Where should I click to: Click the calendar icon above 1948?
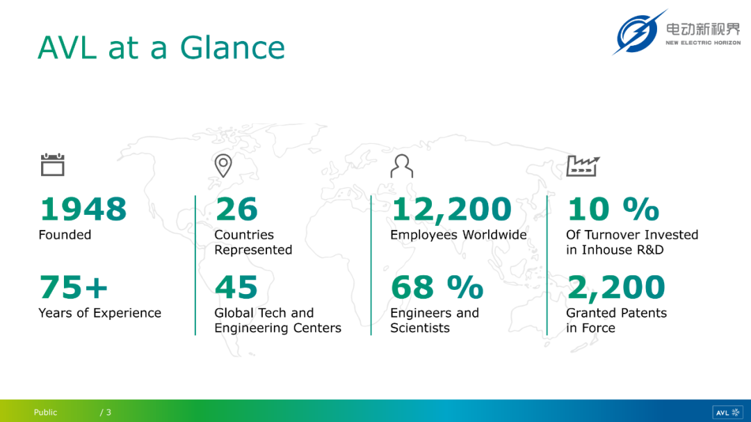pyautogui.click(x=53, y=165)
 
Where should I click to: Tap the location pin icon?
pyautogui.click(x=223, y=165)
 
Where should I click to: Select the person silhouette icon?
pyautogui.click(x=401, y=165)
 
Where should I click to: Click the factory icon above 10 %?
pyautogui.click(x=583, y=165)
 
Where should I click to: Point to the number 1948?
pyautogui.click(x=83, y=209)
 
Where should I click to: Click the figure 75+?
pyautogui.click(x=73, y=287)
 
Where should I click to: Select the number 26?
pyautogui.click(x=236, y=209)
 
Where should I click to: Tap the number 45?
pyautogui.click(x=236, y=287)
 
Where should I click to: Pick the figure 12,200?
pyautogui.click(x=451, y=210)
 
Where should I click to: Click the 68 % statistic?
pyautogui.click(x=437, y=287)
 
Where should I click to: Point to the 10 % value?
pyautogui.click(x=613, y=209)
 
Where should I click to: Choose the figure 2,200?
pyautogui.click(x=616, y=288)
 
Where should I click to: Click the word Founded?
pyautogui.click(x=65, y=235)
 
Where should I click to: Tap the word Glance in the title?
pyautogui.click(x=232, y=47)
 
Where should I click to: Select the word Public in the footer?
pyautogui.click(x=45, y=412)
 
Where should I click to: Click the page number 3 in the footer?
pyautogui.click(x=108, y=412)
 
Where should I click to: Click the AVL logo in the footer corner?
pyautogui.click(x=727, y=412)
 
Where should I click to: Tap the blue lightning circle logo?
pyautogui.click(x=638, y=33)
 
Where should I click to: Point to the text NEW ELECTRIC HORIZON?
pyautogui.click(x=703, y=42)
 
